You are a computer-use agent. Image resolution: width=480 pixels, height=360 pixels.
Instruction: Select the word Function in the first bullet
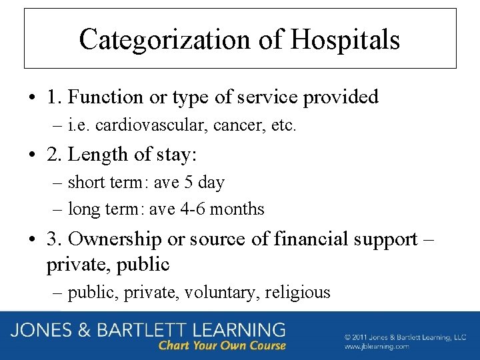(x=106, y=97)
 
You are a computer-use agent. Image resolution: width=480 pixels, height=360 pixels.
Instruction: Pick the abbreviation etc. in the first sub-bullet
(x=281, y=125)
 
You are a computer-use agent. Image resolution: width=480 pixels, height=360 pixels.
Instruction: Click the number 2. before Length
(x=55, y=154)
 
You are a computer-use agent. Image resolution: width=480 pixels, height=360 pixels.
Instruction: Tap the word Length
(x=98, y=154)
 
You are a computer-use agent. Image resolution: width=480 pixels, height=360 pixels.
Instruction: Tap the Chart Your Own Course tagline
(x=221, y=346)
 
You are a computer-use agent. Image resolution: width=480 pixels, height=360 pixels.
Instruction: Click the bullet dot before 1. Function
(x=32, y=98)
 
